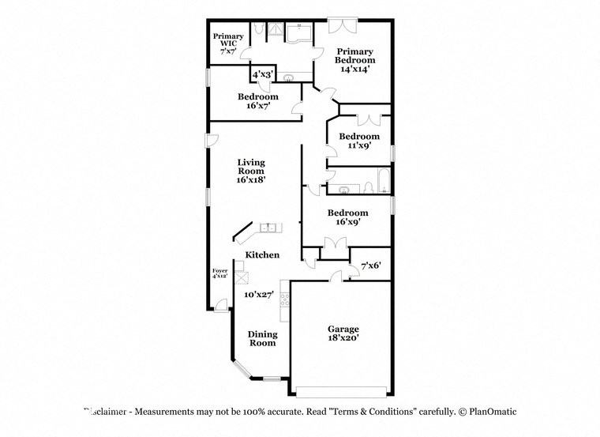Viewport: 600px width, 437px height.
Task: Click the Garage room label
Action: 343,329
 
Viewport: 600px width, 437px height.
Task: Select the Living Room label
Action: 251,166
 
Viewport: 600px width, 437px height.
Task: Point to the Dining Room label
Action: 262,338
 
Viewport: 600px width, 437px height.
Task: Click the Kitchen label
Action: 262,254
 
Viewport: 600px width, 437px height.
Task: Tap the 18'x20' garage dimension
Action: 343,337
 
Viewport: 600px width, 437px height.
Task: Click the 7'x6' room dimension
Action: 371,266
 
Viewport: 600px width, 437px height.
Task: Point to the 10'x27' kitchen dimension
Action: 258,294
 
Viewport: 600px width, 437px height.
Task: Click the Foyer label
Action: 219,271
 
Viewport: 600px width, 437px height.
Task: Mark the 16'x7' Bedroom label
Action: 258,97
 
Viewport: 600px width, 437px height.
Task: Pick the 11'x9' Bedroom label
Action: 359,136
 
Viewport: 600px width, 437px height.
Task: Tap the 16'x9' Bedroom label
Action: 348,213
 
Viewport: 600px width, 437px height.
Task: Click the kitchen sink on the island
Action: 268,228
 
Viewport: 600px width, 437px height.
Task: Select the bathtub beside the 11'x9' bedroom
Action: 383,182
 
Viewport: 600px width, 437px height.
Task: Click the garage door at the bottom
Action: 342,390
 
